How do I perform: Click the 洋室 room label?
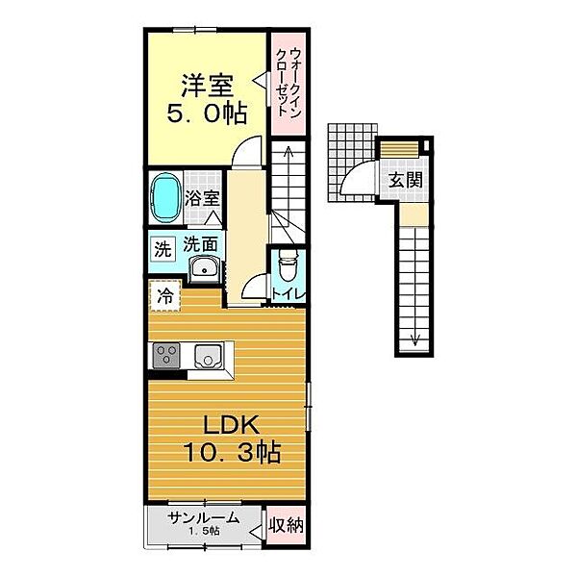pyautogui.click(x=207, y=86)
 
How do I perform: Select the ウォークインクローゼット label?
pyautogui.click(x=288, y=83)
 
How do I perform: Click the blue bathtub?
pyautogui.click(x=166, y=197)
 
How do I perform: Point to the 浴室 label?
pyautogui.click(x=202, y=199)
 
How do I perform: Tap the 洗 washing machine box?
pyautogui.click(x=163, y=250)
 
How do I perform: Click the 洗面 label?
pyautogui.click(x=200, y=244)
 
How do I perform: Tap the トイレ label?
pyautogui.click(x=288, y=294)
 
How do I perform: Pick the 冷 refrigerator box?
pyautogui.click(x=165, y=295)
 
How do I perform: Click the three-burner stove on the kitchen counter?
pyautogui.click(x=166, y=355)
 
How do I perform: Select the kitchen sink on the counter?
pyautogui.click(x=209, y=357)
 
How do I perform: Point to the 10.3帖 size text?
pyautogui.click(x=232, y=452)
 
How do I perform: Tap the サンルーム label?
pyautogui.click(x=204, y=518)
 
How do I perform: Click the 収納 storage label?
pyautogui.click(x=286, y=525)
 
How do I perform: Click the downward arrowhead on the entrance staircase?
pyautogui.click(x=415, y=341)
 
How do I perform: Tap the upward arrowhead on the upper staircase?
pyautogui.click(x=288, y=150)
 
